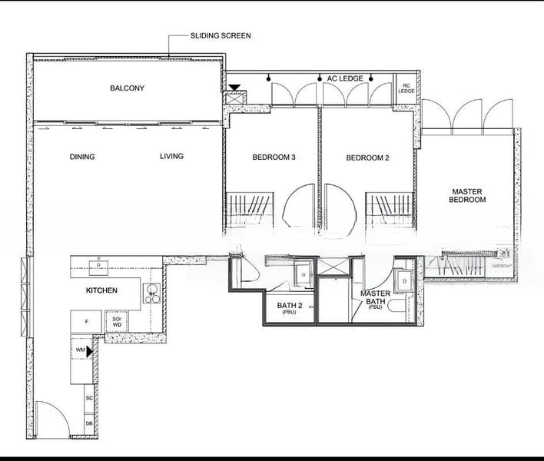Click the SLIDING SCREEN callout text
coord(221,36)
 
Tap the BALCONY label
coord(127,88)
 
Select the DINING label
coord(82,157)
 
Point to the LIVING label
coord(172,156)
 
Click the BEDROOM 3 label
coord(274,158)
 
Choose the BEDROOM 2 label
coord(367,158)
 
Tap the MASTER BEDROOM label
coord(467,196)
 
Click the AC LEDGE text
coord(345,78)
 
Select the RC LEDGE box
coord(406,88)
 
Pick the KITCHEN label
coord(101,290)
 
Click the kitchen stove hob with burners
coord(151,294)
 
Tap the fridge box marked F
coord(86,322)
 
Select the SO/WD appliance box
coord(117,322)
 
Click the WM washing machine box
coord(81,350)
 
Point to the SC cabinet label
coord(89,398)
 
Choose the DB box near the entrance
coord(89,424)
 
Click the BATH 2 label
coord(290,307)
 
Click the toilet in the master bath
coord(396,307)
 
